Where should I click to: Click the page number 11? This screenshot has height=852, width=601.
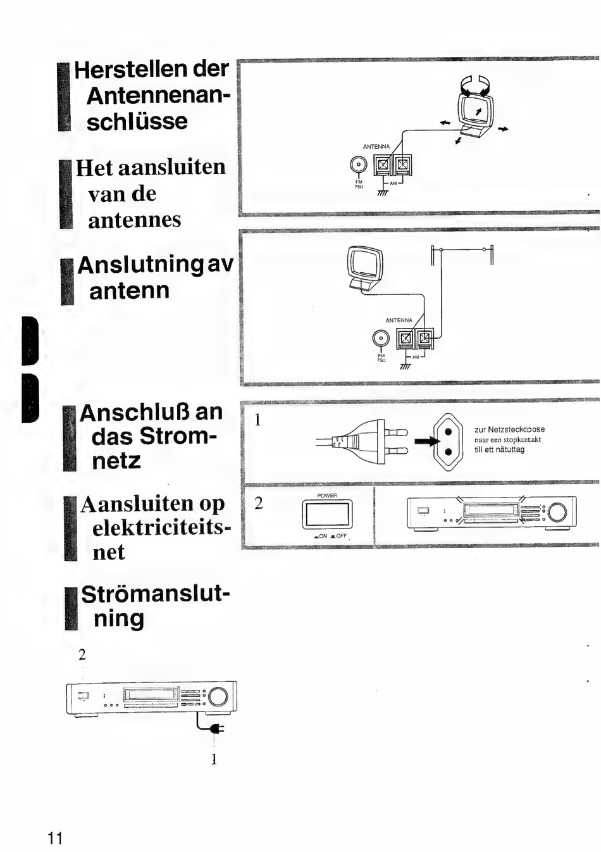(55, 839)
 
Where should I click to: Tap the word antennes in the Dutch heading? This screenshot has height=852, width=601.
(134, 220)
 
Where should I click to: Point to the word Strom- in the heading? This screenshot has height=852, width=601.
(178, 436)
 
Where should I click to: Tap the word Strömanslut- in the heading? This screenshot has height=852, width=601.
(156, 594)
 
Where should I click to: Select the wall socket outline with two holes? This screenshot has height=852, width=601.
(448, 442)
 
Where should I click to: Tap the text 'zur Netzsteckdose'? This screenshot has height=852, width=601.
(509, 429)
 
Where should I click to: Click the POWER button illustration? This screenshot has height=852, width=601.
(327, 514)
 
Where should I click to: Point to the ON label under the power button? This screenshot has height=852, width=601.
(321, 537)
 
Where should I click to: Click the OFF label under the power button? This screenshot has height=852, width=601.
(340, 537)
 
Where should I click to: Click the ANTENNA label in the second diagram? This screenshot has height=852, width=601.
(399, 320)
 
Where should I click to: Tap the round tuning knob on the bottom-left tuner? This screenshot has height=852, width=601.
(218, 696)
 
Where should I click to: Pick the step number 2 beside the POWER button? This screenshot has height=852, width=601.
(258, 503)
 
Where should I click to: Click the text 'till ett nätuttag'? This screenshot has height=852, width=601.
(499, 450)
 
